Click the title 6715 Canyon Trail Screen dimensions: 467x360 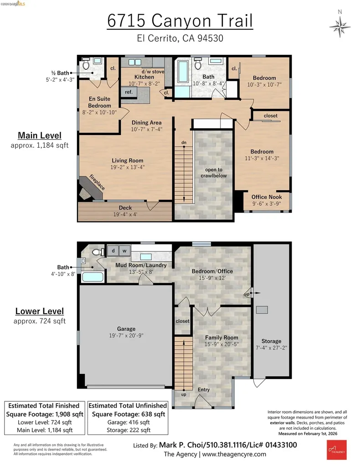180,21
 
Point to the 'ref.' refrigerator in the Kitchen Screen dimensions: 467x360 129,92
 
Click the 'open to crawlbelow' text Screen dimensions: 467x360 213,172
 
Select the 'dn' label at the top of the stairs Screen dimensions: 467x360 184,143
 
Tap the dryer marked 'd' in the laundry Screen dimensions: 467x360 112,251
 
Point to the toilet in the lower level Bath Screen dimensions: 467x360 96,252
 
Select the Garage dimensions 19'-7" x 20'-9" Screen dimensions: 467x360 126,336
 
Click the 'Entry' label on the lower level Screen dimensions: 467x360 204,389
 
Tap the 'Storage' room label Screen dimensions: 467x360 271,341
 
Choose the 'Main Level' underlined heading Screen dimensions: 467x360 39,135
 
